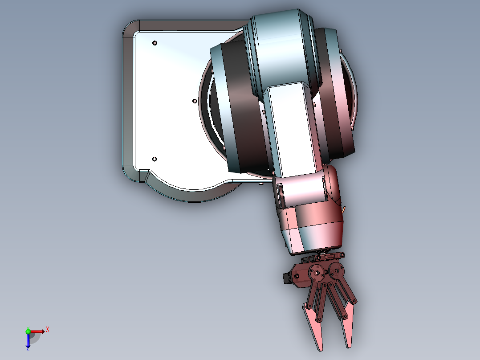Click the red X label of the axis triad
[x=48, y=330]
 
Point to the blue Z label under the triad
[x=28, y=349]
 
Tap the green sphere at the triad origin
[x=28, y=331]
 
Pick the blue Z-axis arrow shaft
[x=28, y=339]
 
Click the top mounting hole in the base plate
[x=155, y=43]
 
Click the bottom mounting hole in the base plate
[x=155, y=159]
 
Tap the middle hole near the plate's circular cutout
[x=195, y=101]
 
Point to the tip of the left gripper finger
[x=320, y=350]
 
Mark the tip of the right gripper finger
[x=348, y=347]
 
